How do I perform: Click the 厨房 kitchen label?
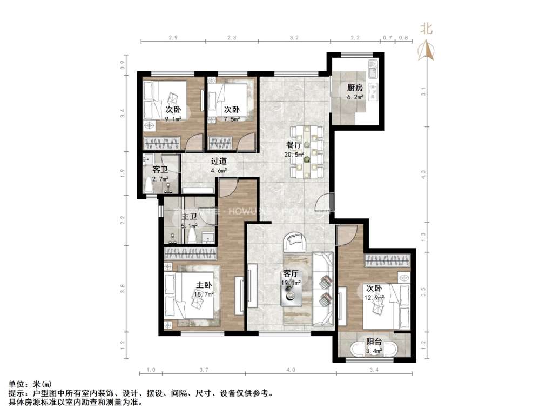(355, 88)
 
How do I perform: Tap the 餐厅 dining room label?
(294, 145)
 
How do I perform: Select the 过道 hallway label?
(219, 161)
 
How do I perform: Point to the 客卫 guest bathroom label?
(160, 169)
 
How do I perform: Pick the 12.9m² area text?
(374, 297)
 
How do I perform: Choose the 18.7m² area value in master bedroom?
(205, 294)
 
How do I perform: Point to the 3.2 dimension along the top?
(294, 38)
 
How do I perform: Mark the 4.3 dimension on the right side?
(424, 175)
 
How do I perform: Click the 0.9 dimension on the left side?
(123, 64)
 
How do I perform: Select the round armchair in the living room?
(295, 241)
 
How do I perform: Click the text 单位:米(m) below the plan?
(26, 384)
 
